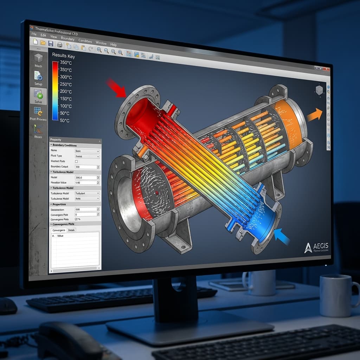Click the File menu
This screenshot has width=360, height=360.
pyautogui.click(x=34, y=34)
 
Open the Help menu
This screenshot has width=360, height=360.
pyautogui.click(x=113, y=45)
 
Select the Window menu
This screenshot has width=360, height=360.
pyautogui.click(x=101, y=43)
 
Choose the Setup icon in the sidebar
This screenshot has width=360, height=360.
pyautogui.click(x=38, y=78)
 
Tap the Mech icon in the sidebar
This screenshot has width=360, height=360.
pyautogui.click(x=38, y=60)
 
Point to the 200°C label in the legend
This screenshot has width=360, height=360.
pyautogui.click(x=65, y=91)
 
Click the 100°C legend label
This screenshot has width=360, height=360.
pyautogui.click(x=65, y=106)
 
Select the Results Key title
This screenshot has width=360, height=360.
pyautogui.click(x=63, y=56)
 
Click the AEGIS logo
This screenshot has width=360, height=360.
pyautogui.click(x=316, y=247)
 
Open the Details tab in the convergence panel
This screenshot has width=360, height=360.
pyautogui.click(x=71, y=230)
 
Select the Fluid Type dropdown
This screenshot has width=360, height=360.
pyautogui.click(x=87, y=156)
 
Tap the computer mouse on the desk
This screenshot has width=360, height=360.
pyautogui.click(x=8, y=306)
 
